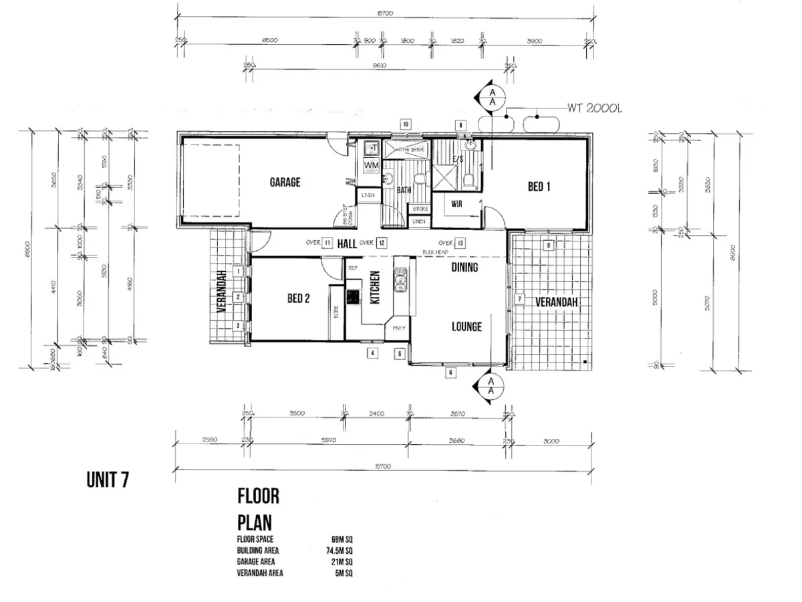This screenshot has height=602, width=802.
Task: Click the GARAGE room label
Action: pos(285,182)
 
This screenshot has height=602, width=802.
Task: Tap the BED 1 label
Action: pos(539,187)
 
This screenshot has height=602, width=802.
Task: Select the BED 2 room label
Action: pos(298,299)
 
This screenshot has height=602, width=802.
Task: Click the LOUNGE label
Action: pos(466,327)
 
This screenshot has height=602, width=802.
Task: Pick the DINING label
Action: pos(464,268)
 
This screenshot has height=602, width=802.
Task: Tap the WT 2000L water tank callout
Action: pos(595,108)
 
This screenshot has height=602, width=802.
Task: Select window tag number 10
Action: pos(405,124)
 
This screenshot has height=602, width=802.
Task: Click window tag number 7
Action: pos(519,299)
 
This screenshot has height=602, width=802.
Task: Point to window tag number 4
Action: pos(373,353)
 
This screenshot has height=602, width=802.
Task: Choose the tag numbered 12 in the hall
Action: pos(381,243)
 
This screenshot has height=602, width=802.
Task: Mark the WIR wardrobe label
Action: pos(458,203)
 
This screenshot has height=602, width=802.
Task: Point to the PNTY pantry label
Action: pos(399,328)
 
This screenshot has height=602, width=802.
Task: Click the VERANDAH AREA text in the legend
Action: pos(259,573)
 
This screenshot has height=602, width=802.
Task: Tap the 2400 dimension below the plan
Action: pos(376,414)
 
